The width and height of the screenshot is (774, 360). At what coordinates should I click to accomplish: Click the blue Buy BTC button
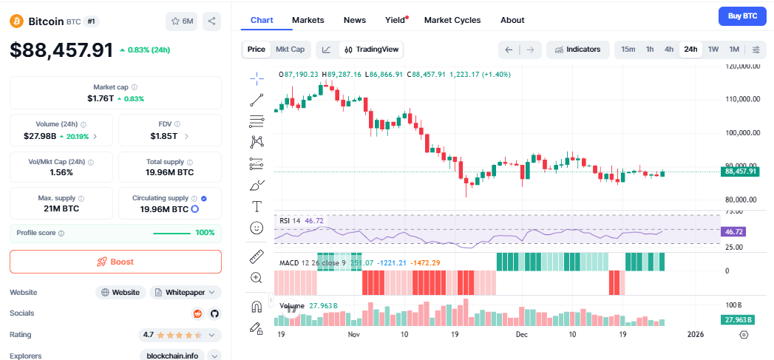pos(742,16)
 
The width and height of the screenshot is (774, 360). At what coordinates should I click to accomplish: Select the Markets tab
pos(308,20)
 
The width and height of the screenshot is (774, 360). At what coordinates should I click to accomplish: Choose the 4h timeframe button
pos(668,50)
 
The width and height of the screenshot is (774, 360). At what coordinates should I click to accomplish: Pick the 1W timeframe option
pos(713,50)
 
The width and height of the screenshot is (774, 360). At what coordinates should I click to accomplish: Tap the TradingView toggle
pos(371,50)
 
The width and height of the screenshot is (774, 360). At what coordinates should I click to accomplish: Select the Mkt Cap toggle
pos(290,50)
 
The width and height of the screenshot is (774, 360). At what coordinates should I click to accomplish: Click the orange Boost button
pos(115,262)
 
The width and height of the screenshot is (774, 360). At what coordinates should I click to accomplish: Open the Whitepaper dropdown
pos(185,292)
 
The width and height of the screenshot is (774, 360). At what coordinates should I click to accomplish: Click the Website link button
pos(120,292)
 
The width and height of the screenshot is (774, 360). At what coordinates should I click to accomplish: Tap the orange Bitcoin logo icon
pos(16,21)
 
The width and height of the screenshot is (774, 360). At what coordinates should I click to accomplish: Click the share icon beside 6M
pos(211,21)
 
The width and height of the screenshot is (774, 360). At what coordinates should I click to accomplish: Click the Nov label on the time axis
pos(353,335)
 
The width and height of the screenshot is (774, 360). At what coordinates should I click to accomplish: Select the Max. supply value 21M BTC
pos(61,209)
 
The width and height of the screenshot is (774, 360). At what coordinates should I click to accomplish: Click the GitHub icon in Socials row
pos(214,313)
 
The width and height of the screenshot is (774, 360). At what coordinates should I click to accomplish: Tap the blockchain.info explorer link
pos(172,356)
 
